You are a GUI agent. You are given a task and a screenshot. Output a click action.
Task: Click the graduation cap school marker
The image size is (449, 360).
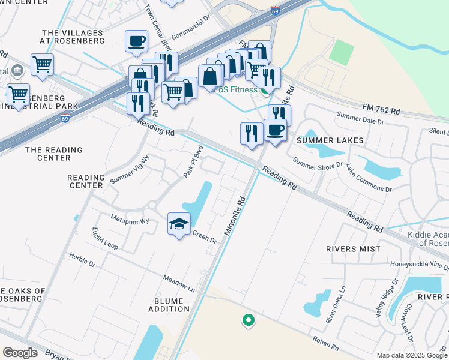[x=179, y=224]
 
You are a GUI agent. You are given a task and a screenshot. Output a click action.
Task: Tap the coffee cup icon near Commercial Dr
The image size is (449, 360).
[x=136, y=41]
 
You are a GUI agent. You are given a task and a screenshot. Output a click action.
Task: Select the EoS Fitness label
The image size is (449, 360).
[x=237, y=90]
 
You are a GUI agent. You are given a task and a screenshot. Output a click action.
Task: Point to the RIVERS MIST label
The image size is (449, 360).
[x=353, y=248]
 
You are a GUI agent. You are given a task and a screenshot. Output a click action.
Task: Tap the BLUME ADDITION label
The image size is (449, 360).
[x=169, y=305]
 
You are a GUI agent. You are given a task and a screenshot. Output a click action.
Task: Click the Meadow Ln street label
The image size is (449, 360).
[x=180, y=283]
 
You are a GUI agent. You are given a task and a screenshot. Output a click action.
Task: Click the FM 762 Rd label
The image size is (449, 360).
[x=381, y=109]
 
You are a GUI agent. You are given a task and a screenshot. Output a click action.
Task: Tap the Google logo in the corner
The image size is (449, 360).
[x=20, y=352]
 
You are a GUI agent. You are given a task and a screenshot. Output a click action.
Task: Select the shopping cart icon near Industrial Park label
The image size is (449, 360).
[x=18, y=94]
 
